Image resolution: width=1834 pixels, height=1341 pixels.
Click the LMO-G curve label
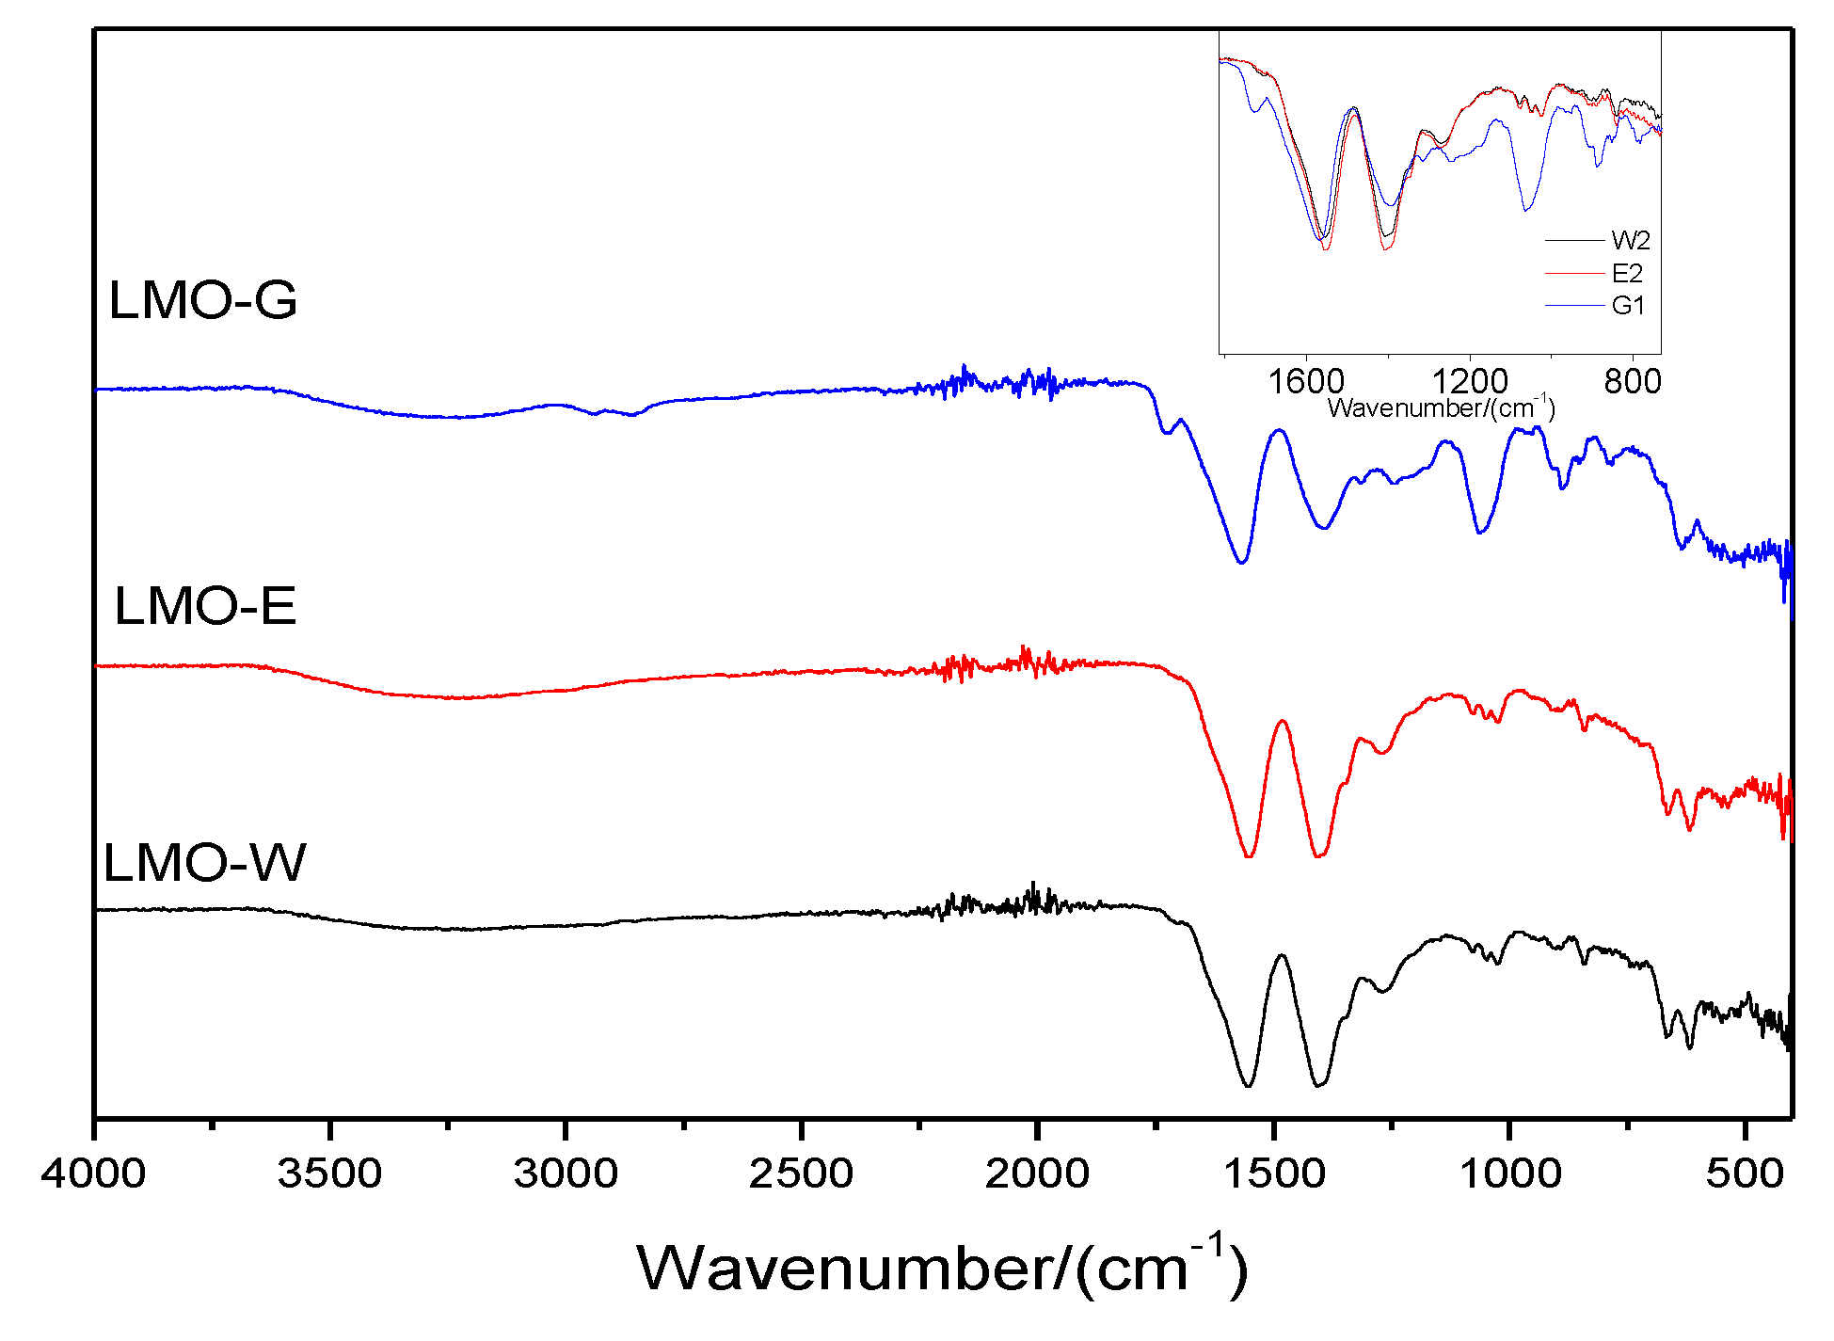[x=203, y=301]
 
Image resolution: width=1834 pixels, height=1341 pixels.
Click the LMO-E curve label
[x=205, y=606]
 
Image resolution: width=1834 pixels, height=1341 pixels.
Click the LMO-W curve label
[x=204, y=863]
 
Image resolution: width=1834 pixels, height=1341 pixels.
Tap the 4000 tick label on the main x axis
[x=94, y=1173]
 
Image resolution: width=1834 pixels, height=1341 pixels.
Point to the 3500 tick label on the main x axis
[x=329, y=1173]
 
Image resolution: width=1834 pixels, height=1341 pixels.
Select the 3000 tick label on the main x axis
[x=566, y=1173]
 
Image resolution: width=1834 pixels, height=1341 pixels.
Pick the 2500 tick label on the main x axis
[x=801, y=1173]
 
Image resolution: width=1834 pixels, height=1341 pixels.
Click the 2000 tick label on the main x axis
[x=1037, y=1173]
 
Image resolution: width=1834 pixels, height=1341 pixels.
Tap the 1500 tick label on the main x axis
[x=1273, y=1173]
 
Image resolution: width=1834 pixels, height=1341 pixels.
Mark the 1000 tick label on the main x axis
[x=1509, y=1173]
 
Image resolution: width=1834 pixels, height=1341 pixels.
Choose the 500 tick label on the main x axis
[x=1745, y=1173]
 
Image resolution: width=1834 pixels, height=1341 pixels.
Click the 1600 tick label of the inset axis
[x=1306, y=382]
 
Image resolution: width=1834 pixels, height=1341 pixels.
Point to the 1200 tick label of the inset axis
[x=1469, y=382]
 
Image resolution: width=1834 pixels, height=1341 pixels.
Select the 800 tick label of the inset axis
[x=1633, y=382]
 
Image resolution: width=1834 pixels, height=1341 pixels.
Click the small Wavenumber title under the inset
[x=1441, y=407]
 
